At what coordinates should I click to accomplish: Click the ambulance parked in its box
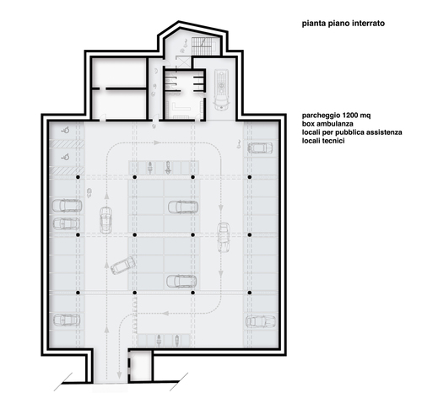point(222,90)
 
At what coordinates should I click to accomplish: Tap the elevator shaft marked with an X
point(183,62)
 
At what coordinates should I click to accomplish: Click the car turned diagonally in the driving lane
point(123,266)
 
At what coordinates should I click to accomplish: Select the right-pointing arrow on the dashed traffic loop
point(157,143)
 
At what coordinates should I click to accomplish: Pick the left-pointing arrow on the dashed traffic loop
point(166,313)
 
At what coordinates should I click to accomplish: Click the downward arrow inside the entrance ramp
point(119,374)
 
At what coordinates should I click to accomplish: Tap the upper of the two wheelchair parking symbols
point(66,130)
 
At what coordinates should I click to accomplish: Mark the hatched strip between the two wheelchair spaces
point(67,144)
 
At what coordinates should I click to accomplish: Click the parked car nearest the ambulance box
point(260,148)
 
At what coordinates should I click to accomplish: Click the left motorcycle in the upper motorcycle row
point(150,168)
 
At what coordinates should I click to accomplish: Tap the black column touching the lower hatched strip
point(78,177)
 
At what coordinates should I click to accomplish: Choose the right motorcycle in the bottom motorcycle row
point(177,340)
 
